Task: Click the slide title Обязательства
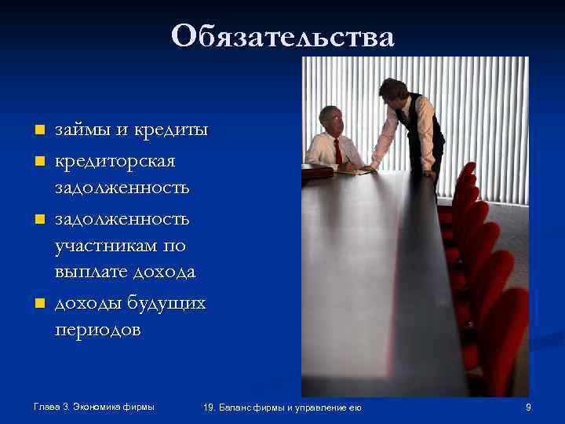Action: (282, 35)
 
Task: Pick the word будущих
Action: (168, 302)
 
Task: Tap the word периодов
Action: (98, 330)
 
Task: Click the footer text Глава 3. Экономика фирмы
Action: (94, 406)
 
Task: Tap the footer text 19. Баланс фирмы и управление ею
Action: (282, 407)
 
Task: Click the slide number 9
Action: (528, 407)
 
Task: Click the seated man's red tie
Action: (338, 150)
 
